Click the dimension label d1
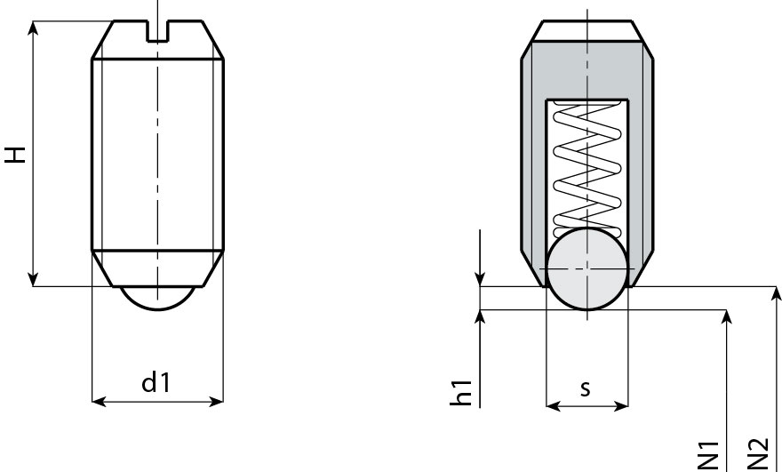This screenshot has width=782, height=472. [x=156, y=383]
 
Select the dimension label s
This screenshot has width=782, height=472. [x=585, y=388]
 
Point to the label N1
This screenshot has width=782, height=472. [x=708, y=452]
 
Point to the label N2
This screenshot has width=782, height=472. [x=757, y=452]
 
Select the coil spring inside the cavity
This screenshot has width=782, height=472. [x=586, y=164]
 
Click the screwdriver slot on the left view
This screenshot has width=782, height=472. [x=157, y=30]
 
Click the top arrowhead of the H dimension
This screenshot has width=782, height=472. [x=33, y=28]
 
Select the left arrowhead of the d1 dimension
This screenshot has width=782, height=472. [x=100, y=402]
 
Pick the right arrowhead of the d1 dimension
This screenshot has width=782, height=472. [x=215, y=402]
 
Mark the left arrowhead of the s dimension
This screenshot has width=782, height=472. [x=552, y=406]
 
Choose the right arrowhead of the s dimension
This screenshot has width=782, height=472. [x=620, y=406]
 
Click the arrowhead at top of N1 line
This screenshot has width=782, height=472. [x=728, y=317]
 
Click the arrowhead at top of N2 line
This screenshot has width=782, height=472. [x=778, y=294]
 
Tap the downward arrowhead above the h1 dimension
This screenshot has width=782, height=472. [x=480, y=279]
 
